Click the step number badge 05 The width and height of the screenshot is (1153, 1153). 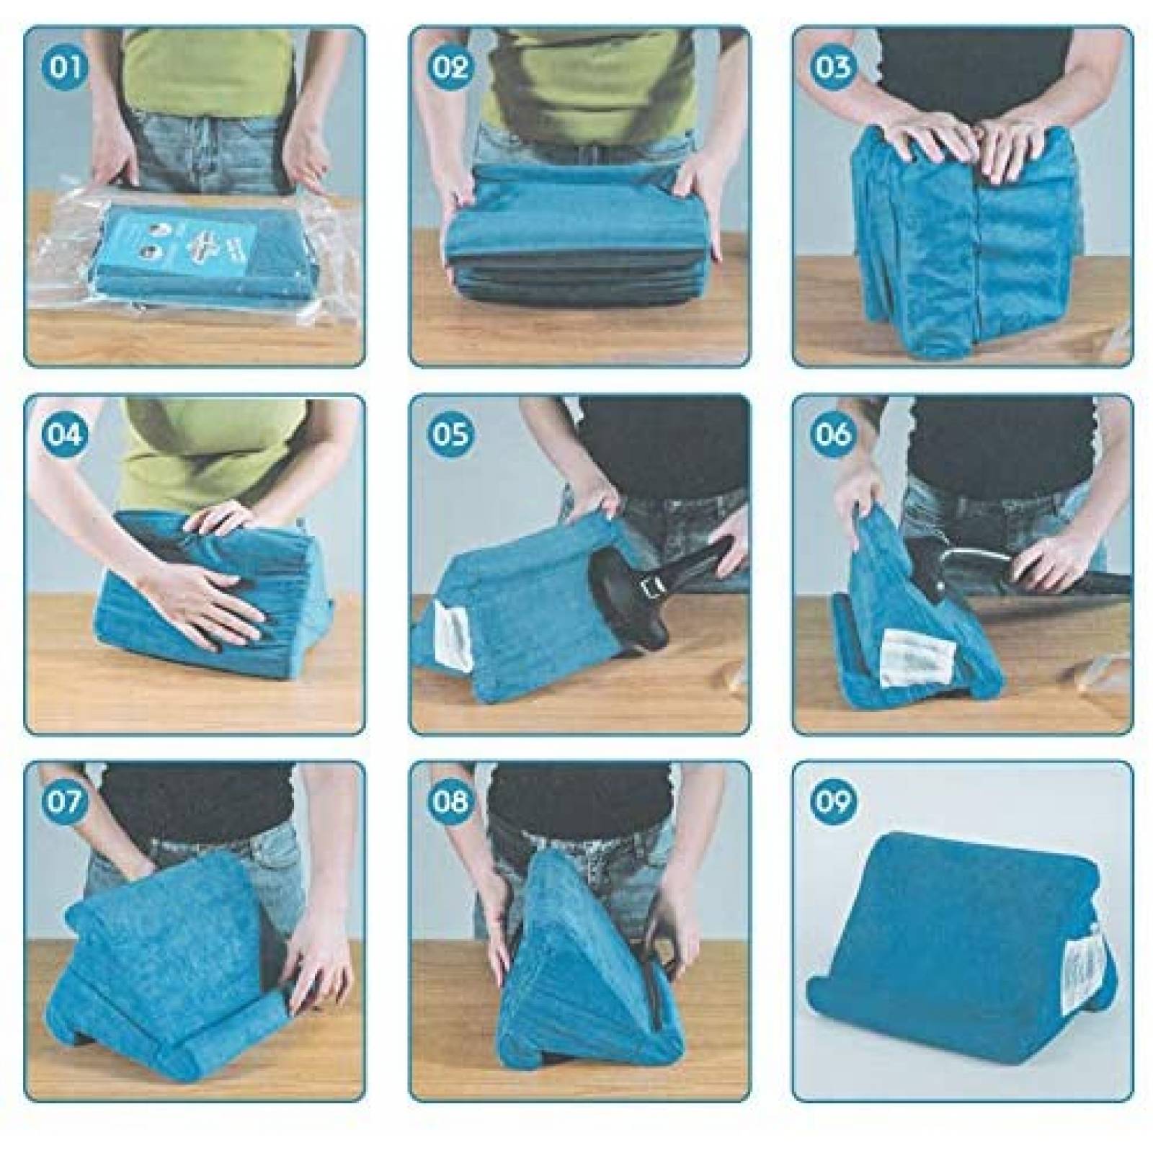coord(451,435)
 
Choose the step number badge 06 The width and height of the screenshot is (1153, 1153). coord(834,435)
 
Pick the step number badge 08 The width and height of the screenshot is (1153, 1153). coord(451,801)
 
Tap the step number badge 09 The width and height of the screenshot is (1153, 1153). coord(834,801)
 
